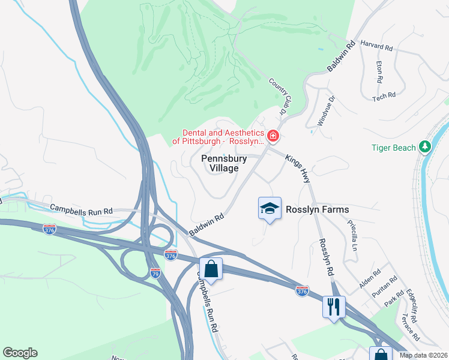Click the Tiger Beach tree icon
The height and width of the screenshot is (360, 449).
coord(425,146)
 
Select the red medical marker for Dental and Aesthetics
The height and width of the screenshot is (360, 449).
coord(273,136)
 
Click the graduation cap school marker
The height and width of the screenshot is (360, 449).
coord(270,209)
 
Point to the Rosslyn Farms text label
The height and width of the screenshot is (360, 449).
coord(318,209)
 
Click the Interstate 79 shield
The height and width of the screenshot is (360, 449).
coord(154,273)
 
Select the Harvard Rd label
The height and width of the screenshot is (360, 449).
coord(376,47)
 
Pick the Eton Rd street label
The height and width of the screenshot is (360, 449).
coord(379,72)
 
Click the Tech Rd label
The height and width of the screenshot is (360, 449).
coord(384,95)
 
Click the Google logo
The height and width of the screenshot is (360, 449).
coord(20,353)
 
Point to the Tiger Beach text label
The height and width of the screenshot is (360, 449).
coord(393,148)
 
